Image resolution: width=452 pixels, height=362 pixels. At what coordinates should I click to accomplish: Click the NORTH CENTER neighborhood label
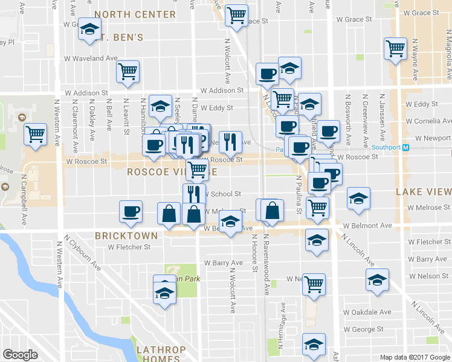tap(135, 14)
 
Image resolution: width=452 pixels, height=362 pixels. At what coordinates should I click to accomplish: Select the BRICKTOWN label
tap(126, 235)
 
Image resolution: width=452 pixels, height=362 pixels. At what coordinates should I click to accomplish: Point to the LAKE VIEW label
tap(423, 192)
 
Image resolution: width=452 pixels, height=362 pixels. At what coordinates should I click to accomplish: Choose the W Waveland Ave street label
tap(91, 58)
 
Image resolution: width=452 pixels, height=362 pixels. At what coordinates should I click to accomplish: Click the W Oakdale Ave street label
tap(367, 313)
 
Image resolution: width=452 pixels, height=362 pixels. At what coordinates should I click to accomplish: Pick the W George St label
tap(363, 329)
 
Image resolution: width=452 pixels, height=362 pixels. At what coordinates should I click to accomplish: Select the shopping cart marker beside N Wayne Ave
tap(395, 48)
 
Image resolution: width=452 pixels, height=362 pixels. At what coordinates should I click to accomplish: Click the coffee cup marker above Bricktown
tap(131, 211)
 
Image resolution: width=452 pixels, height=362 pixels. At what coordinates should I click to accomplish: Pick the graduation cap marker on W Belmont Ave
tap(230, 222)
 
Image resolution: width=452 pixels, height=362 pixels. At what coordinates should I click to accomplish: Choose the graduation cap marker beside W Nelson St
tap(377, 280)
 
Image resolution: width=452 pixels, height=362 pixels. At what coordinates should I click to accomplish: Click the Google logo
tap(20, 355)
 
